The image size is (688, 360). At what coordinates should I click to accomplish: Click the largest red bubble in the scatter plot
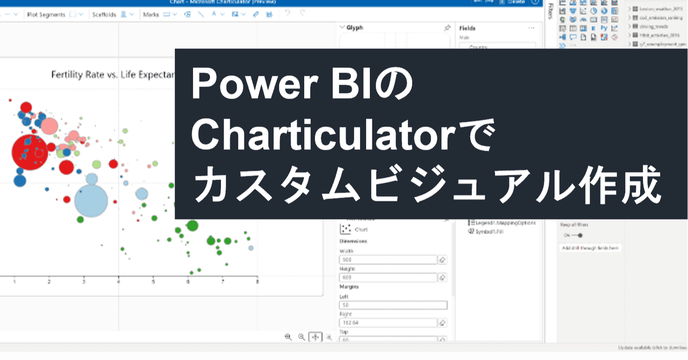pyautogui.click(x=29, y=152)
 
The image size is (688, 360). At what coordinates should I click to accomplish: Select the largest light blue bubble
pyautogui.click(x=91, y=200)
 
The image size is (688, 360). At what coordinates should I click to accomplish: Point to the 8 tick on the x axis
pyautogui.click(x=257, y=281)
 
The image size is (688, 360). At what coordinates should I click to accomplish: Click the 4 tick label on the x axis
pyautogui.click(x=119, y=281)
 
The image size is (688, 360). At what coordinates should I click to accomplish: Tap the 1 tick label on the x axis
pyautogui.click(x=15, y=281)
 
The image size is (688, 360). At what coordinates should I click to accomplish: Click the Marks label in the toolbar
pyautogui.click(x=151, y=15)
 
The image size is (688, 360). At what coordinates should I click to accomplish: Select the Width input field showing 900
pyautogui.click(x=388, y=260)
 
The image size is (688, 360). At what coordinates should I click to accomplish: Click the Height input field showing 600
pyautogui.click(x=388, y=278)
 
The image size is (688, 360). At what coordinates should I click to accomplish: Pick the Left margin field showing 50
pyautogui.click(x=393, y=305)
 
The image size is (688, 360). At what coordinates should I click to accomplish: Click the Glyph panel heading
pyautogui.click(x=355, y=27)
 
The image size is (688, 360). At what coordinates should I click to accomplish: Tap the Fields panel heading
pyautogui.click(x=468, y=28)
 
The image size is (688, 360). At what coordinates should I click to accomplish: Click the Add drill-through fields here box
pyautogui.click(x=590, y=248)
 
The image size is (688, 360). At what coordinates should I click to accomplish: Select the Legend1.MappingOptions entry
pyautogui.click(x=502, y=222)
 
